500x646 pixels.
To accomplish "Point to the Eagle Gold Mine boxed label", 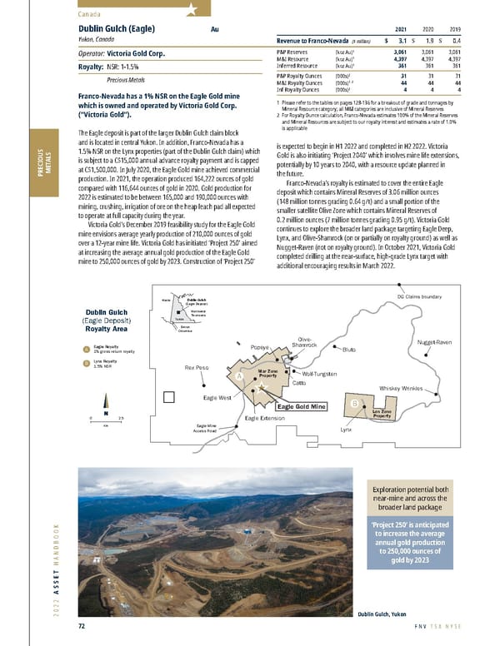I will pyautogui.click(x=302, y=406).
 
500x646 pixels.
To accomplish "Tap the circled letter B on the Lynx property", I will pyautogui.click(x=356, y=404).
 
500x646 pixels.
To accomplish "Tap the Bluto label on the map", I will pyautogui.click(x=348, y=350).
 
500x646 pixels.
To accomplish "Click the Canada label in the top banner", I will pyautogui.click(x=91, y=12).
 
